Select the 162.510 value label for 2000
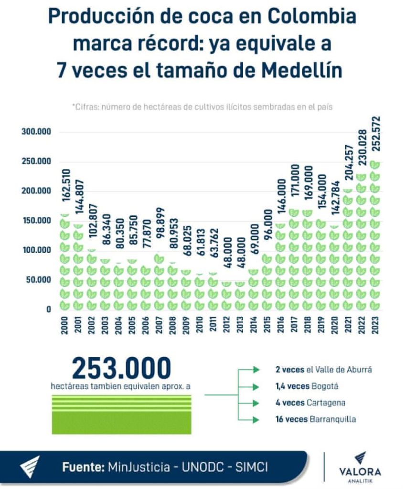click(65, 190)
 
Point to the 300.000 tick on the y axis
click(36, 132)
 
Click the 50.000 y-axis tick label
click(36, 280)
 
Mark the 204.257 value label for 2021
click(349, 163)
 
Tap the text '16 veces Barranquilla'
click(309, 419)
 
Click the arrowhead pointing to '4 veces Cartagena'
click(256, 403)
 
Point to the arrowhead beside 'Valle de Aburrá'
click(256, 369)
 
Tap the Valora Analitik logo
click(360, 467)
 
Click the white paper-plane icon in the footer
click(30, 467)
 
